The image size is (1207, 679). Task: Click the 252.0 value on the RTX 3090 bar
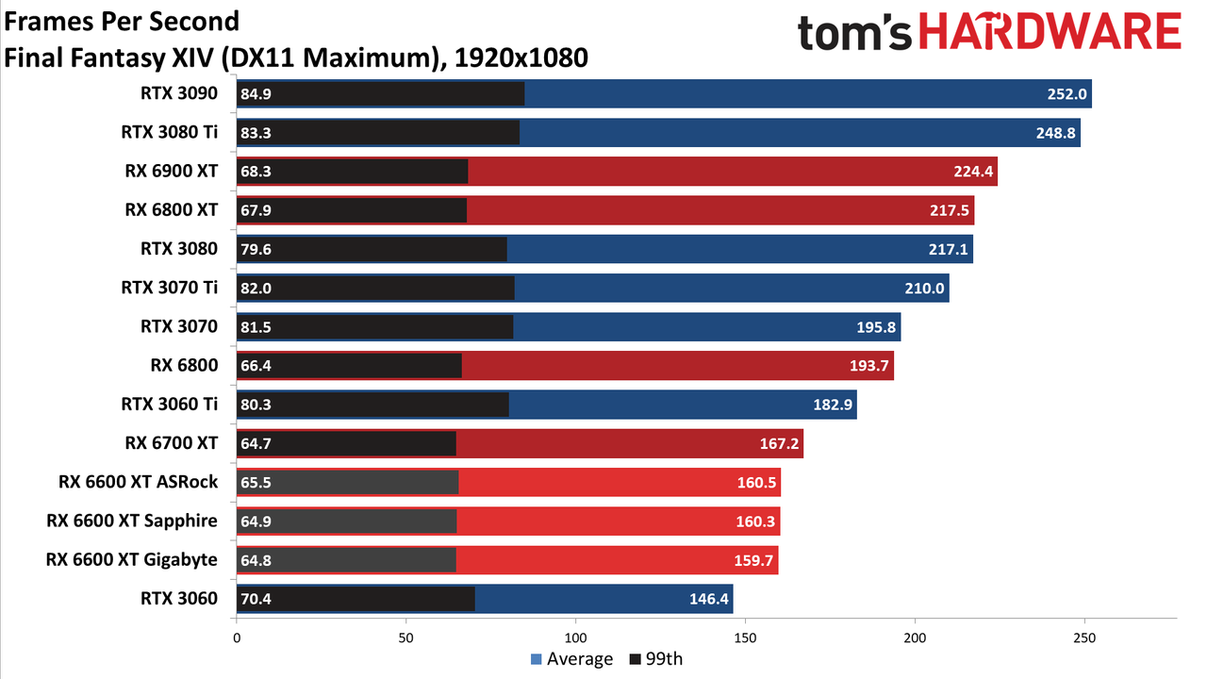pyautogui.click(x=1066, y=93)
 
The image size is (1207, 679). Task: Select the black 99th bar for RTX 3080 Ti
pyautogui.click(x=378, y=133)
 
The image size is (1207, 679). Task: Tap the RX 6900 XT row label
pyautogui.click(x=172, y=171)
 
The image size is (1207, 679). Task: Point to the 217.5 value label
pyautogui.click(x=950, y=210)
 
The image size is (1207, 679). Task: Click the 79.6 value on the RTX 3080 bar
pyautogui.click(x=256, y=249)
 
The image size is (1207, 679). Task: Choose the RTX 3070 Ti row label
pyautogui.click(x=169, y=288)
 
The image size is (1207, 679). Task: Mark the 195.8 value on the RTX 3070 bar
pyautogui.click(x=876, y=326)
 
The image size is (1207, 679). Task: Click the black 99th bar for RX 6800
pyautogui.click(x=349, y=365)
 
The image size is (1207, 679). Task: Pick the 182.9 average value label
pyautogui.click(x=833, y=405)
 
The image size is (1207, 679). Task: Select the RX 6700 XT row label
pyautogui.click(x=172, y=443)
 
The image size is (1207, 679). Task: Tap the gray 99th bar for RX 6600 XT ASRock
pyautogui.click(x=348, y=482)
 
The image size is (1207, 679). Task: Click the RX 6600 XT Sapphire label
pyautogui.click(x=132, y=521)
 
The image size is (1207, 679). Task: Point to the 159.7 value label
pyautogui.click(x=753, y=560)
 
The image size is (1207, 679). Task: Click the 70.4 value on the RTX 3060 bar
pyautogui.click(x=256, y=599)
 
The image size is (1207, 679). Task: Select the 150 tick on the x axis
pyautogui.click(x=745, y=638)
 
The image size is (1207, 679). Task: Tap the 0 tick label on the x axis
pyautogui.click(x=237, y=638)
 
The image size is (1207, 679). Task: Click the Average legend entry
pyautogui.click(x=571, y=659)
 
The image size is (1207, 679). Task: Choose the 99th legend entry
pyautogui.click(x=656, y=659)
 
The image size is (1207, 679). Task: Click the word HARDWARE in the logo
pyautogui.click(x=1050, y=31)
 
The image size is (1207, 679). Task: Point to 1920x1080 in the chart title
pyautogui.click(x=521, y=58)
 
